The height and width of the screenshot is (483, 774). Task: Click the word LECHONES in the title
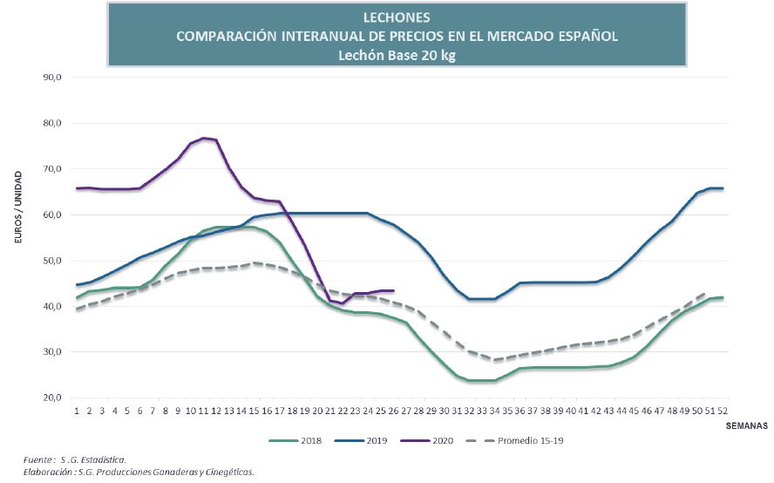tap(397, 17)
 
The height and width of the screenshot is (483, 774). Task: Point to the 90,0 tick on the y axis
tap(51, 77)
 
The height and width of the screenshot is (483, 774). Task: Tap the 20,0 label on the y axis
tap(51, 398)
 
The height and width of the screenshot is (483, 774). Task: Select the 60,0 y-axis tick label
tap(51, 214)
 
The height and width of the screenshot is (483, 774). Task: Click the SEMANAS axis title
tap(746, 426)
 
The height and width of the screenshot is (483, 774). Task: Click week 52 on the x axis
tap(723, 411)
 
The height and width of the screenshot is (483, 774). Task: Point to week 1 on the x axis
tap(78, 411)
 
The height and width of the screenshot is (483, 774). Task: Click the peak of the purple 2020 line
tap(204, 138)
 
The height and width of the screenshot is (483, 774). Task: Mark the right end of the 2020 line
tap(394, 290)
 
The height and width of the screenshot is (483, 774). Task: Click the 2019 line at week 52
tap(723, 188)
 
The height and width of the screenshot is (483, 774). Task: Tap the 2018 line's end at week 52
tap(723, 297)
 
